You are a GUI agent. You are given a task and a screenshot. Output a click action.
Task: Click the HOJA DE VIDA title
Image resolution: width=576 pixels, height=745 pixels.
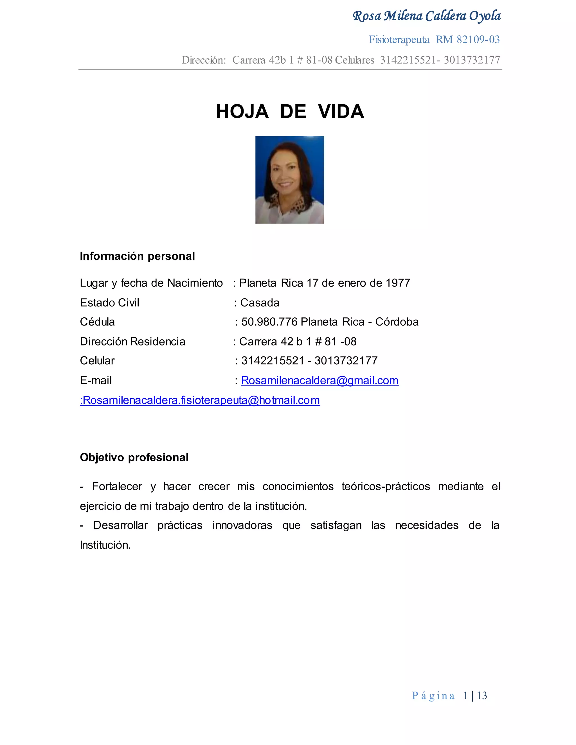pos(290,112)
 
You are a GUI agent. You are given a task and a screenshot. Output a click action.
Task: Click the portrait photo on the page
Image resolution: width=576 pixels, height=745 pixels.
pos(289,180)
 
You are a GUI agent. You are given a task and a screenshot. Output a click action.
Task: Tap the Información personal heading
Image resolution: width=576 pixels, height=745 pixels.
pos(137,256)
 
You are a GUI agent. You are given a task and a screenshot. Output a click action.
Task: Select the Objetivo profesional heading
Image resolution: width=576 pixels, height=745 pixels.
pos(134,457)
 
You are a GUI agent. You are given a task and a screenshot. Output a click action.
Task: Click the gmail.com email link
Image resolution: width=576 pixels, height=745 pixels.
pos(319,380)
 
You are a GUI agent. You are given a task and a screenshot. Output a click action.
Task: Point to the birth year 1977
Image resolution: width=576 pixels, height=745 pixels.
pos(397,283)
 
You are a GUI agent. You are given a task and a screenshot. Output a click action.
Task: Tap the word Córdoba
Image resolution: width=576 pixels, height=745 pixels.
pos(397,322)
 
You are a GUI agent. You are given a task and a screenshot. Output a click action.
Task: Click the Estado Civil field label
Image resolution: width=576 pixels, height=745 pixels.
pos(109,302)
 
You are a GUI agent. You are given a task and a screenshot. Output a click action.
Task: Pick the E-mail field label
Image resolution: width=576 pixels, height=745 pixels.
pos(96,380)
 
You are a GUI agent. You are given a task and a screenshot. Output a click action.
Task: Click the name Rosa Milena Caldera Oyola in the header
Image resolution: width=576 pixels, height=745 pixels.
pos(427,16)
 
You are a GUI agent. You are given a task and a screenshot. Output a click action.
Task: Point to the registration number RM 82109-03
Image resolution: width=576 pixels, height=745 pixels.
pos(467,40)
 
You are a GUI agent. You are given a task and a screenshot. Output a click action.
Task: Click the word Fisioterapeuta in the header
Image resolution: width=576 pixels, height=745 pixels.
pos(399,40)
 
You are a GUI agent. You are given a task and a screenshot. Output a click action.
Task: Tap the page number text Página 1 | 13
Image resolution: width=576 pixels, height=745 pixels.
pos(449,696)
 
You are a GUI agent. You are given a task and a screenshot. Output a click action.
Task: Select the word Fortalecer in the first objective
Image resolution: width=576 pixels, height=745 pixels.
pos(117,486)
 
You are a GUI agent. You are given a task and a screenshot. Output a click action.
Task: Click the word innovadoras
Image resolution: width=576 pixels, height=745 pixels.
pos(242,525)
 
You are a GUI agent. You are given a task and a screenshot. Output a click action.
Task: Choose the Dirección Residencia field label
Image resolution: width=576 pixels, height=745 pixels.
pos(132,342)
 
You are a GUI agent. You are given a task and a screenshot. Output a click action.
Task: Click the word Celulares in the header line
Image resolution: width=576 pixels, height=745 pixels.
pos(355,60)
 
